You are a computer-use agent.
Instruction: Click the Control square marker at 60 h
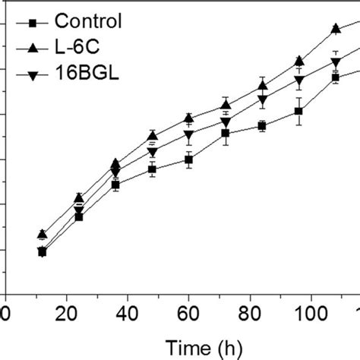click(x=188, y=159)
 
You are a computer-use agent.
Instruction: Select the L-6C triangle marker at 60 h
click(x=188, y=118)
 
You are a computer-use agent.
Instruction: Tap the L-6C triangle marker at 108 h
click(x=336, y=28)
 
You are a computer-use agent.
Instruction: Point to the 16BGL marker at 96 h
click(x=298, y=81)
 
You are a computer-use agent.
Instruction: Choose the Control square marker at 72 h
click(x=226, y=134)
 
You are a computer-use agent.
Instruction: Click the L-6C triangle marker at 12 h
click(x=42, y=234)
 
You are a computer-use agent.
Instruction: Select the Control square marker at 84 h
click(x=262, y=126)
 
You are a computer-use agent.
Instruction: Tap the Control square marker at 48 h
click(x=152, y=169)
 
